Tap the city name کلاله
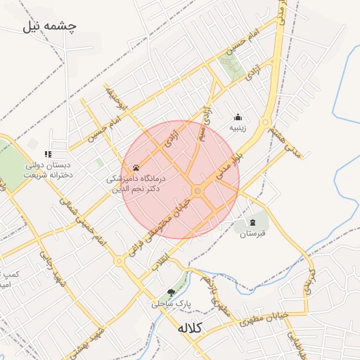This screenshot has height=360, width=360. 190,328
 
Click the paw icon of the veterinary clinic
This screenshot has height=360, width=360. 135,168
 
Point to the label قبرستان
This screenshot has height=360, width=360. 252,234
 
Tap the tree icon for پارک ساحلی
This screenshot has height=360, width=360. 171,292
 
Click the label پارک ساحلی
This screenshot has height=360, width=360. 172,304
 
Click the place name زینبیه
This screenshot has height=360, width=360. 238,128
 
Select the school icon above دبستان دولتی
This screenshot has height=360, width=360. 48,154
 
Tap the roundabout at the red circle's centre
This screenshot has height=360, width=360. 198,191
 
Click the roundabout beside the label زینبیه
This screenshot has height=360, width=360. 265,124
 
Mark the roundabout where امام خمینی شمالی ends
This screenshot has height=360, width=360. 119,261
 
